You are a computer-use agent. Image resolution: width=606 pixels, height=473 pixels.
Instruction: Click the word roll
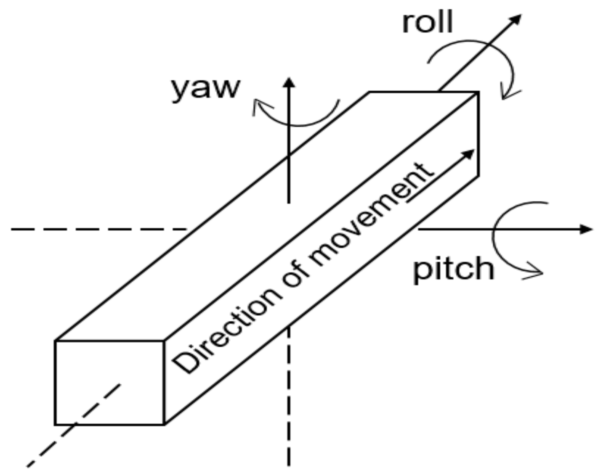point(428,23)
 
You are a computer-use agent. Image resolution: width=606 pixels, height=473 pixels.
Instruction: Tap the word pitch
point(453,269)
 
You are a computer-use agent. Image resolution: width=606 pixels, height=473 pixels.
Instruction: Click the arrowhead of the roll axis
point(516,19)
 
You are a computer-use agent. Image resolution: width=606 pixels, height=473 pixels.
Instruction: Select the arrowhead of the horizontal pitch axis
point(587,229)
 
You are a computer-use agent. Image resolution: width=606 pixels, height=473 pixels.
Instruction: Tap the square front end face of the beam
point(109,383)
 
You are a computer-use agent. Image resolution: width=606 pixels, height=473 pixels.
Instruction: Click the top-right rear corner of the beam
point(478,92)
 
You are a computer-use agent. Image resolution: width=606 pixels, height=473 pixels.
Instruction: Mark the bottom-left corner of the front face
point(55,425)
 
